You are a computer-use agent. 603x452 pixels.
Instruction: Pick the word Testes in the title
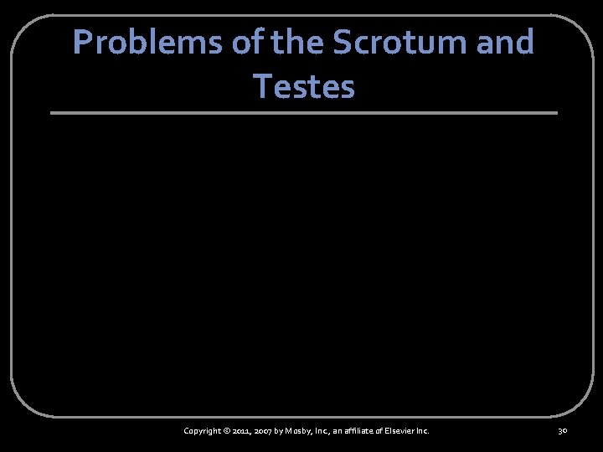click(303, 85)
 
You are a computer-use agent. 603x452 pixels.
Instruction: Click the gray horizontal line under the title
click(303, 112)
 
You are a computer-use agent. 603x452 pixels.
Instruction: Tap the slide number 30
click(562, 431)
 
